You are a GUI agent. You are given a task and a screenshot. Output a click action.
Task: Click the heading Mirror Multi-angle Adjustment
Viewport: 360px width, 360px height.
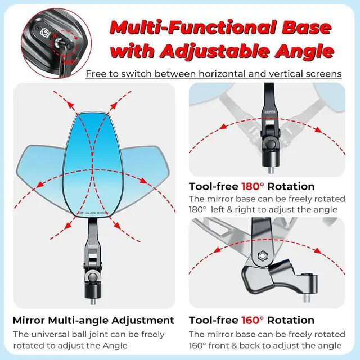coord(93,320)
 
